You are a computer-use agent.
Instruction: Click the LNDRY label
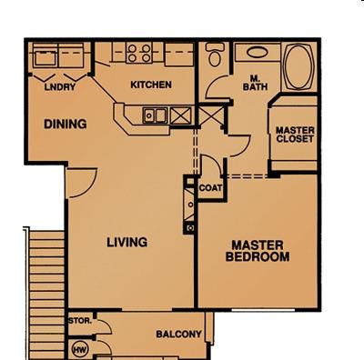click(60, 87)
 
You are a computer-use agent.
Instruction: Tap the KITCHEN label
click(151, 85)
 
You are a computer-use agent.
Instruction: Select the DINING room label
click(66, 125)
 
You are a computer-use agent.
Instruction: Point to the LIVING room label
click(127, 242)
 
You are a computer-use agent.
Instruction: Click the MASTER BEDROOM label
click(258, 251)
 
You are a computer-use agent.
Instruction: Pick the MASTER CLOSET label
click(295, 135)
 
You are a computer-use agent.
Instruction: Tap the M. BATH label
click(255, 83)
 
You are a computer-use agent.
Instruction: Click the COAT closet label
click(210, 188)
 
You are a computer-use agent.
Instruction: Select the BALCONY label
click(178, 334)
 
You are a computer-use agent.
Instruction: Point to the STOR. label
click(80, 321)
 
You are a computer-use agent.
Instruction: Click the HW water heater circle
click(80, 350)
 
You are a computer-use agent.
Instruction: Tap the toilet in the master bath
click(215, 55)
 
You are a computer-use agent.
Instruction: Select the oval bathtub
click(298, 67)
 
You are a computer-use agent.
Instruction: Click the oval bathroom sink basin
click(258, 53)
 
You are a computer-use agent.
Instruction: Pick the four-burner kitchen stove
click(139, 53)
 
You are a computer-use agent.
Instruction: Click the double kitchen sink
click(155, 115)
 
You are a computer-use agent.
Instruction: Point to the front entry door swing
click(81, 183)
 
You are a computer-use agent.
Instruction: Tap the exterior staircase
click(47, 294)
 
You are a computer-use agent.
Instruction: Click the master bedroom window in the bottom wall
click(263, 310)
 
